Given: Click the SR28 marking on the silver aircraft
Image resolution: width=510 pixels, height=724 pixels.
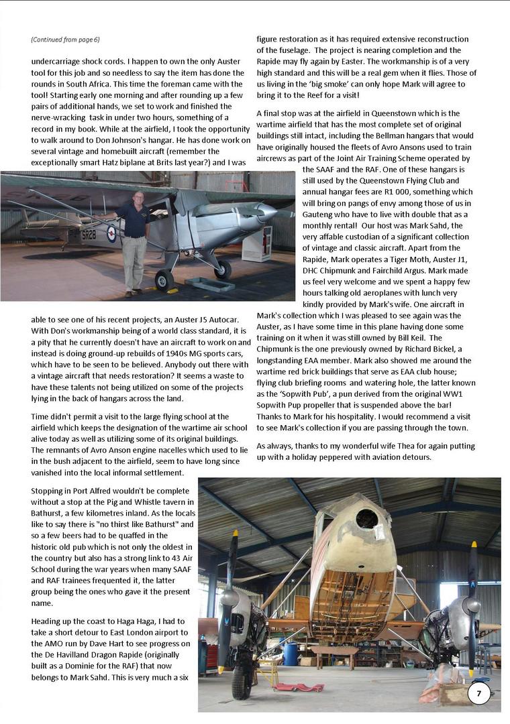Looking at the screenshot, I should (x=89, y=235).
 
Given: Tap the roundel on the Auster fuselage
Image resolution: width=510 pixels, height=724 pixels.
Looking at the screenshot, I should (x=111, y=234).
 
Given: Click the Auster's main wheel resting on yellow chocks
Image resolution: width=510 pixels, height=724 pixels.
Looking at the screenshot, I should (x=164, y=280).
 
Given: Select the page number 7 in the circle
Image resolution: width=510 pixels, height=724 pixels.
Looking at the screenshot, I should (x=478, y=694).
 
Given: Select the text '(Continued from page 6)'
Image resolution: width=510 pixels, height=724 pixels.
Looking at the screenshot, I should (x=65, y=40).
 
